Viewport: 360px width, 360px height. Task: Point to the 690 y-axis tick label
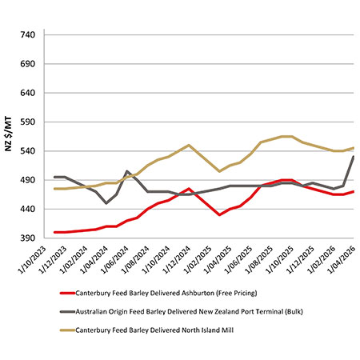(x=26, y=63)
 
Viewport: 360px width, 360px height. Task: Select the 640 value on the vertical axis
(x=26, y=93)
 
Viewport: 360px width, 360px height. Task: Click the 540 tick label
(x=26, y=151)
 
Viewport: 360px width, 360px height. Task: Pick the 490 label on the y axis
(x=26, y=180)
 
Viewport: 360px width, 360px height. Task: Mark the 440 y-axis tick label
(x=26, y=210)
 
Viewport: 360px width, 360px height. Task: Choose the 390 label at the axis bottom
(x=26, y=238)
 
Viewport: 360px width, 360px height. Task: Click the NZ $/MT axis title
(x=7, y=137)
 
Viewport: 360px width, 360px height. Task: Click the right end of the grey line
(x=354, y=157)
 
